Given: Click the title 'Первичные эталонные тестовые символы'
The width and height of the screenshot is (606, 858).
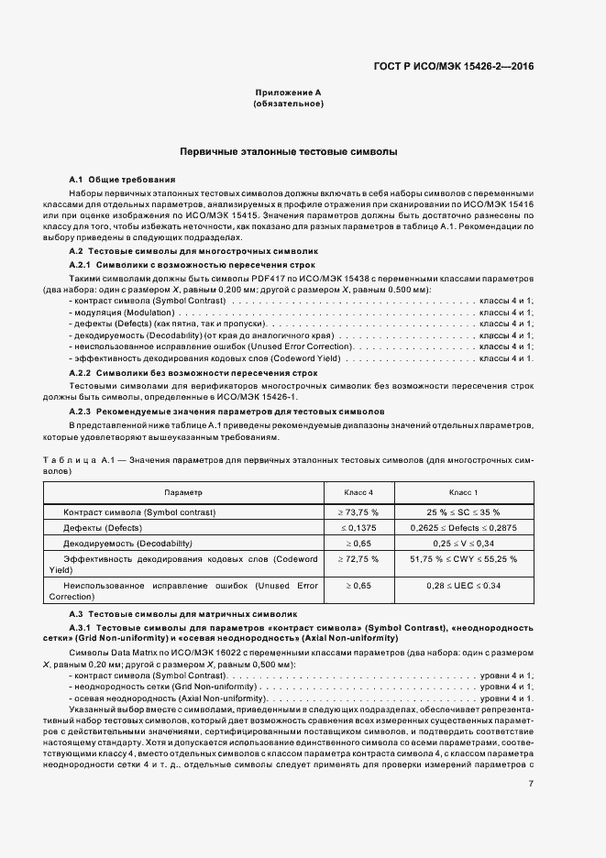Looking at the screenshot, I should (288, 150).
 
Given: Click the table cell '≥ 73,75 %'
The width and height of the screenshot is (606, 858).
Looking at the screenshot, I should (358, 511).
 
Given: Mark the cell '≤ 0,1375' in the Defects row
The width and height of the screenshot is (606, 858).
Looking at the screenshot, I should (358, 528).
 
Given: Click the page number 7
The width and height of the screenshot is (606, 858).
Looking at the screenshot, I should (531, 783).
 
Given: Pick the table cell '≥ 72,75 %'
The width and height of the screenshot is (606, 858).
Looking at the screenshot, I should (358, 558).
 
